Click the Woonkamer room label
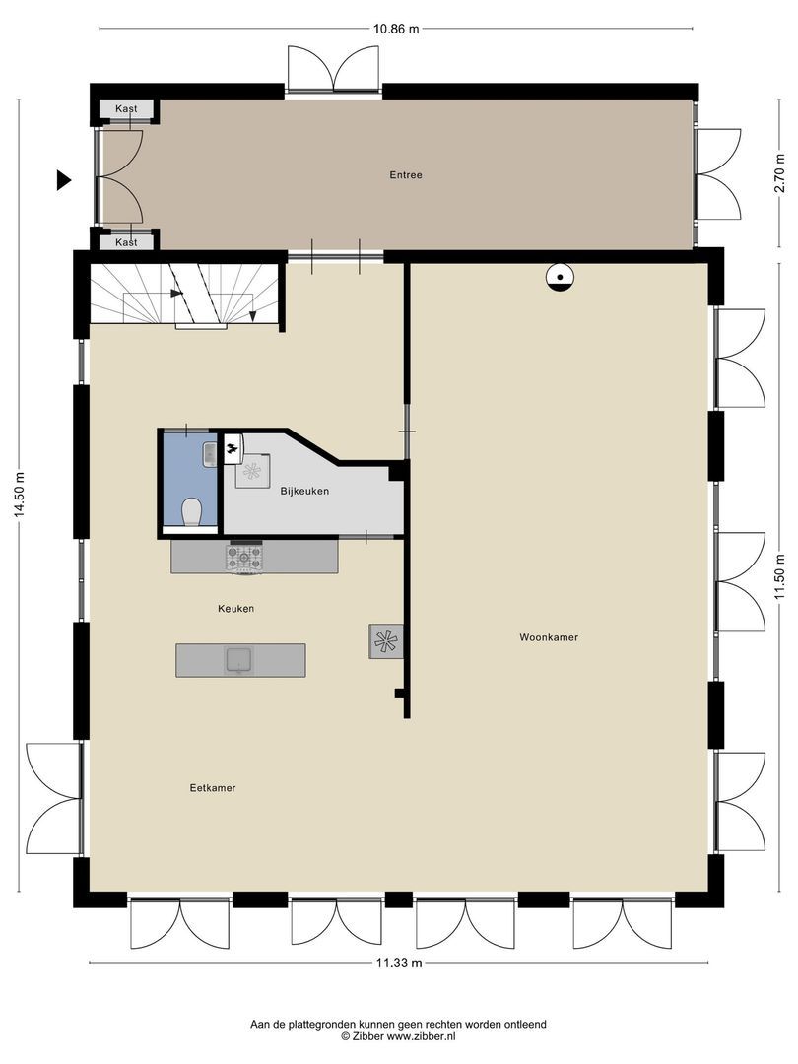(549, 637)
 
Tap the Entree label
(406, 175)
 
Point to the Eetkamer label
(213, 788)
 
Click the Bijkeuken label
(304, 491)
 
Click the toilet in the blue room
(192, 511)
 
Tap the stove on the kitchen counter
(245, 559)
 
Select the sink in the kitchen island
(239, 659)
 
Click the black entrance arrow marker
(64, 179)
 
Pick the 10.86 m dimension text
(396, 29)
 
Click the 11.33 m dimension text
(399, 964)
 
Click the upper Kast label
(126, 108)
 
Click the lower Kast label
(126, 241)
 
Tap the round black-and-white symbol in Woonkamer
(560, 279)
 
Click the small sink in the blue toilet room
(210, 453)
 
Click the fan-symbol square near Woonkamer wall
(384, 641)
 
